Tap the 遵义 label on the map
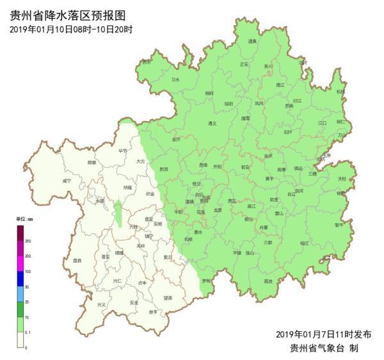(213, 124)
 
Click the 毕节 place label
(123, 151)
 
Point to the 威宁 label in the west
(67, 181)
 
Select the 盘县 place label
(77, 260)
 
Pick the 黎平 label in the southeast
(339, 225)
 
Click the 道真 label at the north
(252, 42)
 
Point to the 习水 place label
(175, 79)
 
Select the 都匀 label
(248, 218)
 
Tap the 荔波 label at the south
(268, 281)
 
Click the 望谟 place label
(167, 298)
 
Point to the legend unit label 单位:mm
(25, 219)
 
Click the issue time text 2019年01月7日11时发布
(323, 334)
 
